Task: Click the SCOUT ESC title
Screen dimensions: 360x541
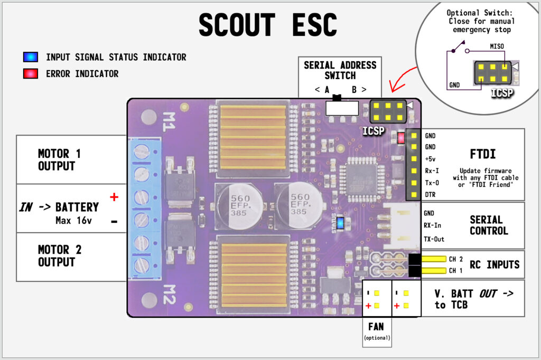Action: (268, 25)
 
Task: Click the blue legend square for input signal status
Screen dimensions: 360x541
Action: (30, 57)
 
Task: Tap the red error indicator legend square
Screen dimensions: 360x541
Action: (30, 74)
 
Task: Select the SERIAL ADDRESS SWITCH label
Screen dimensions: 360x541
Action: (340, 70)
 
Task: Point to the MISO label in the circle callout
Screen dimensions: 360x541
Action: (497, 46)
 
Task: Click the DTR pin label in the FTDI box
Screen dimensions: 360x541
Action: (430, 195)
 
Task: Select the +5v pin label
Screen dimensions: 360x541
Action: (430, 159)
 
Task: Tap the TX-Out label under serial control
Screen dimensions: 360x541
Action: (434, 239)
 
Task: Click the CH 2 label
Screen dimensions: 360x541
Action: (455, 259)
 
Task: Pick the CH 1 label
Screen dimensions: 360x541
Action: (455, 271)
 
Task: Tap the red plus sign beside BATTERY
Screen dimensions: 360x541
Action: (114, 197)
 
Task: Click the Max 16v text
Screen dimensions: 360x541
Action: (73, 221)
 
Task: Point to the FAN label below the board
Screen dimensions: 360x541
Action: (376, 327)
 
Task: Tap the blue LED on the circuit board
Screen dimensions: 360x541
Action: (340, 223)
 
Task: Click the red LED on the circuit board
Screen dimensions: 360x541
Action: (402, 138)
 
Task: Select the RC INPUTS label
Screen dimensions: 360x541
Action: (495, 265)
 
